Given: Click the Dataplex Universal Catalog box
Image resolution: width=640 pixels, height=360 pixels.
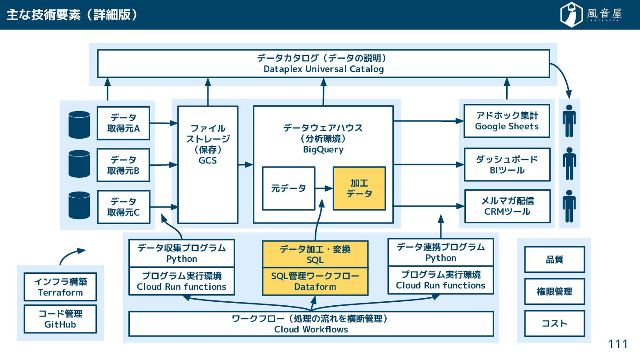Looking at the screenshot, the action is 324,64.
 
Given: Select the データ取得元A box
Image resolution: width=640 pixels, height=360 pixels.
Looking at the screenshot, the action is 124,123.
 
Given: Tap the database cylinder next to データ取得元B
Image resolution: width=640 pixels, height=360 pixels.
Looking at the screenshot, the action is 79,164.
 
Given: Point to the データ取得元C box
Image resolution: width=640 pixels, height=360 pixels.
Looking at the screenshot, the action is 124,207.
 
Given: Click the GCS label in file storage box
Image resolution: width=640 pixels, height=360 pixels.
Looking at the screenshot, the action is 208,160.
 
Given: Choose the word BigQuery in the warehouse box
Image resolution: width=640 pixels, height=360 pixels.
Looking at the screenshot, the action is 323,149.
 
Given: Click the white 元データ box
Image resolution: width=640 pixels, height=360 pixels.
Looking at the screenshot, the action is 288,188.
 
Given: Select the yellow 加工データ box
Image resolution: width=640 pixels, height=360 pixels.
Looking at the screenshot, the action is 360,188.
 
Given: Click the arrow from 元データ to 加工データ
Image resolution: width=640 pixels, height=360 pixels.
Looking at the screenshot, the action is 324,188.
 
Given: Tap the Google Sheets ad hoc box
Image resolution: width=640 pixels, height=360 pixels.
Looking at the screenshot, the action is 507,121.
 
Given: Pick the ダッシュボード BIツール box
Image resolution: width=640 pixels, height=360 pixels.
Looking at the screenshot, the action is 507,164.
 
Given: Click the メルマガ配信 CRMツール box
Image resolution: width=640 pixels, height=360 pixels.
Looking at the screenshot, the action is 508,206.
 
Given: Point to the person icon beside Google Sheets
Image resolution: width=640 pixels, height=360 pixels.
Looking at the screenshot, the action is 569,121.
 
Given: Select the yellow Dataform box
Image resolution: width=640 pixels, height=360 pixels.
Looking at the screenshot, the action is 315,281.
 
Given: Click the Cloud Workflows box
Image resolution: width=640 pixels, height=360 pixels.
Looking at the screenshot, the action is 311,324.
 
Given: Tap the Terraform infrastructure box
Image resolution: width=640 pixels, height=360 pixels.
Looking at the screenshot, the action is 60,287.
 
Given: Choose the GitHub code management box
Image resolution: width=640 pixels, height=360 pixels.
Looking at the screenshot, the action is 60,319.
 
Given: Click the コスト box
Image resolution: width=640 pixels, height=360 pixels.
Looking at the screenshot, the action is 555,324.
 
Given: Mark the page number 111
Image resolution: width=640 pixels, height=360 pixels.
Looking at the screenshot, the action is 618,344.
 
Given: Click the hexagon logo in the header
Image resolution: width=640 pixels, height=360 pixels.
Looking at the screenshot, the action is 571,14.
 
